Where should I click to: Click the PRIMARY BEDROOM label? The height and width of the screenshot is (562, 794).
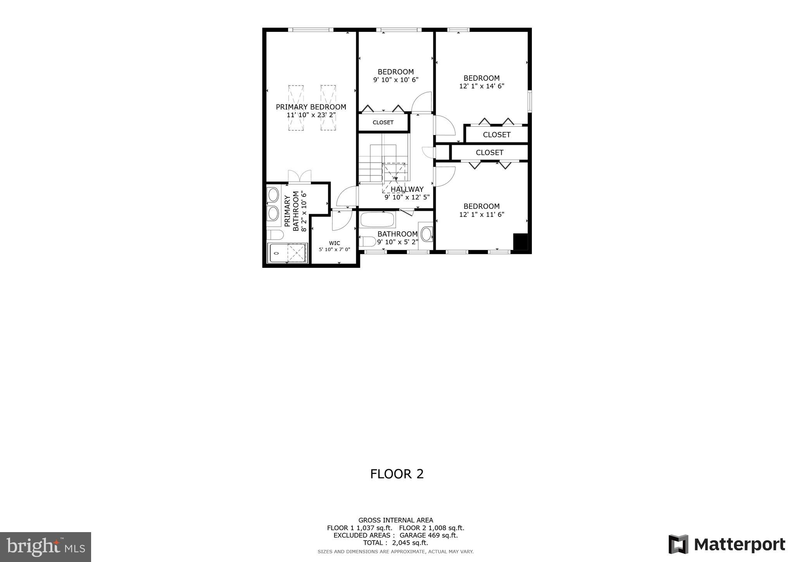tap(311, 107)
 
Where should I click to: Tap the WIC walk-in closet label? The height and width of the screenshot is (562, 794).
tap(335, 243)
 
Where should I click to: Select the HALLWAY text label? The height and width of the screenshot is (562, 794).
tap(407, 189)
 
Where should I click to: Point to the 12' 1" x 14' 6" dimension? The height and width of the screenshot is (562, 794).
tap(482, 86)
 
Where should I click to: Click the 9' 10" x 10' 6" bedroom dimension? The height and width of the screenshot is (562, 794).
tap(396, 80)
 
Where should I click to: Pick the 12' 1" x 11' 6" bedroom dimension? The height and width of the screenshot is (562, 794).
tap(482, 215)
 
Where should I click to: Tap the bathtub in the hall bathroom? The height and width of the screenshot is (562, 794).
tap(377, 220)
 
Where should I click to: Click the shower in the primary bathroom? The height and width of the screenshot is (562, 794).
tap(287, 253)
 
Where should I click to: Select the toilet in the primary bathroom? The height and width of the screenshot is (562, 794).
tap(274, 235)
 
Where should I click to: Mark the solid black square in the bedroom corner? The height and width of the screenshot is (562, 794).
tap(520, 242)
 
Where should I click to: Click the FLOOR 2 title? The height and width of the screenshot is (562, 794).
tap(397, 474)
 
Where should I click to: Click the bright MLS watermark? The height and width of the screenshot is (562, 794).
tap(46, 547)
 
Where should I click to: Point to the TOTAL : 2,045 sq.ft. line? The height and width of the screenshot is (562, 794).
tap(395, 543)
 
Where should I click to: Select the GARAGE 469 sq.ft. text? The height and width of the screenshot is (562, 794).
tap(429, 536)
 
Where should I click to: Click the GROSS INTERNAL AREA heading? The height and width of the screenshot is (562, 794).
tap(395, 520)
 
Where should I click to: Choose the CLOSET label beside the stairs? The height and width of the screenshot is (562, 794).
tap(383, 123)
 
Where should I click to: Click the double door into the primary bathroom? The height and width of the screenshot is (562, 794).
tap(300, 177)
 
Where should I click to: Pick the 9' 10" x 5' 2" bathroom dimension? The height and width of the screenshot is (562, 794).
tap(398, 242)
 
